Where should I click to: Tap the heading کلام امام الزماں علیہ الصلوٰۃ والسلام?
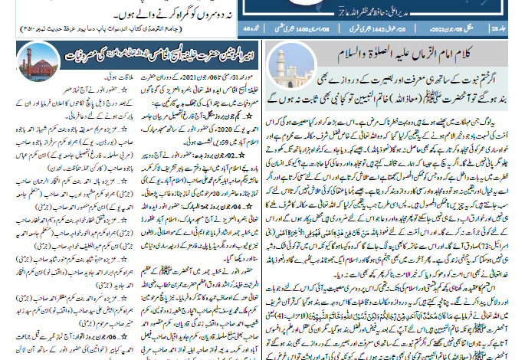[x=394, y=57]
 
